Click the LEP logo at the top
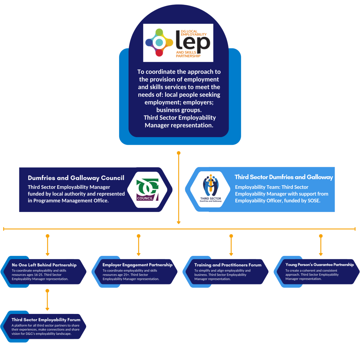(178, 43)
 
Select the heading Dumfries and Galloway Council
(76, 178)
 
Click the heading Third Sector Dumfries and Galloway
(284, 177)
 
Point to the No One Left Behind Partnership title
(44, 265)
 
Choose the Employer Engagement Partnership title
(137, 265)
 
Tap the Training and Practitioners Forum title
(228, 265)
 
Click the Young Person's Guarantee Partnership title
(320, 265)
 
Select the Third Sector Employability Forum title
(46, 320)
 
